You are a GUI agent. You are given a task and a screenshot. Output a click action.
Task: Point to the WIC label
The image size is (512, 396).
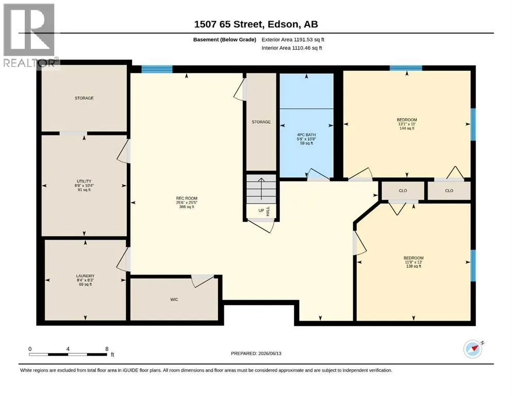(174, 300)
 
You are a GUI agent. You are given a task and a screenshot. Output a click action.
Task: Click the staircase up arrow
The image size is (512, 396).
(261, 189)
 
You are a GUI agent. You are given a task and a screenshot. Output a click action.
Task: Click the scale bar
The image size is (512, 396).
(68, 354)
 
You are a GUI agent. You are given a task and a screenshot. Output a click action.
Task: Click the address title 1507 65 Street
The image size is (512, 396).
(256, 24)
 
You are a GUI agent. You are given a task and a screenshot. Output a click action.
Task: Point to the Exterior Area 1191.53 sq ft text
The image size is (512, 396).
(293, 40)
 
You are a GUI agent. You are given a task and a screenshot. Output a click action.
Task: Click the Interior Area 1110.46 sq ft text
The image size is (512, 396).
(292, 48)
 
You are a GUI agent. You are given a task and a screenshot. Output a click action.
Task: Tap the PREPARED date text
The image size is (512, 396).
(256, 353)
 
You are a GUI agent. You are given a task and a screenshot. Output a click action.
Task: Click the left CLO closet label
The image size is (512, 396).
(403, 191)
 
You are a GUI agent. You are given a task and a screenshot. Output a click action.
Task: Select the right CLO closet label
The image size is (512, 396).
(449, 191)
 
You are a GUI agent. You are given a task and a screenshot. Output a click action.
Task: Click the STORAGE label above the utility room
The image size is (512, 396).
(84, 98)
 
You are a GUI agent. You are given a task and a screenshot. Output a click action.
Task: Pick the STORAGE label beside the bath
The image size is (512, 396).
(261, 122)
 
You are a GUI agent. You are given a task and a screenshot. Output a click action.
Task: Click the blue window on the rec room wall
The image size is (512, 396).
(157, 69)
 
